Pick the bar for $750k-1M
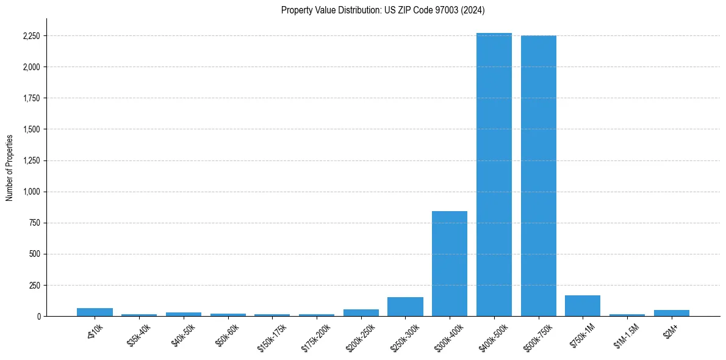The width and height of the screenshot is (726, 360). (x=583, y=306)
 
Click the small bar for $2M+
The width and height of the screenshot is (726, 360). (x=672, y=313)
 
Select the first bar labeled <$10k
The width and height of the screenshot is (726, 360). (x=95, y=312)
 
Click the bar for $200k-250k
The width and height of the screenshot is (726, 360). (x=361, y=312)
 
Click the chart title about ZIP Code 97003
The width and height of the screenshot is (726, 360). (x=383, y=10)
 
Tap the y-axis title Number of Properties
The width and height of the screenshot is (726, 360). (x=10, y=168)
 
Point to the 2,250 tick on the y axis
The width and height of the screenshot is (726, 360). (x=31, y=36)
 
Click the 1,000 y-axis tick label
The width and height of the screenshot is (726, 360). (x=31, y=192)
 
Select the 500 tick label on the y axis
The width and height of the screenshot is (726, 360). (x=34, y=254)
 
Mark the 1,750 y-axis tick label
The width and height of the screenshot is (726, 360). (x=31, y=98)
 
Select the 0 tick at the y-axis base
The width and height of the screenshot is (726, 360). (x=38, y=316)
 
